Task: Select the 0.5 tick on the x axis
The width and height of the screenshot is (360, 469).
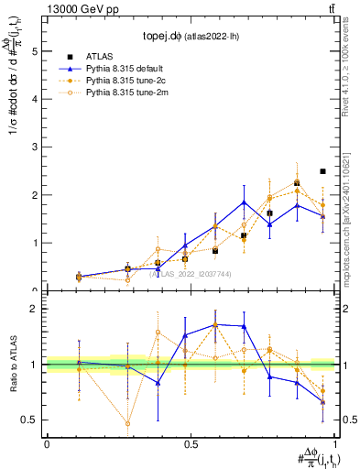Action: point(191,444)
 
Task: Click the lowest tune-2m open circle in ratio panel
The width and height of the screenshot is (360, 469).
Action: point(127,423)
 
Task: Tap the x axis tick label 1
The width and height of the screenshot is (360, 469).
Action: point(335,444)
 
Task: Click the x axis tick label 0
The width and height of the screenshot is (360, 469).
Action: point(47,444)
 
